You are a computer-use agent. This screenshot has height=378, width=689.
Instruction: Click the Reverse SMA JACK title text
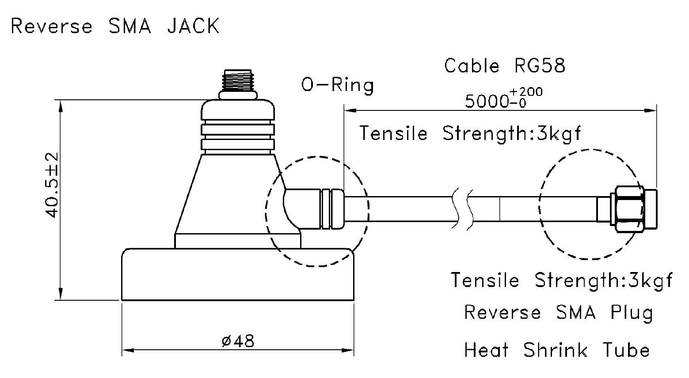pyautogui.click(x=115, y=26)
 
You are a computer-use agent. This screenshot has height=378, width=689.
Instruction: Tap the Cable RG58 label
pyautogui.click(x=505, y=66)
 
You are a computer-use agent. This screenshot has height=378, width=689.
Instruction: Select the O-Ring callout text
pyautogui.click(x=337, y=85)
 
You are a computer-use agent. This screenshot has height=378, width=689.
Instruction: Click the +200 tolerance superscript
pyautogui.click(x=526, y=91)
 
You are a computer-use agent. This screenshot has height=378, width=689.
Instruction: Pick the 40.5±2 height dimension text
pyautogui.click(x=51, y=185)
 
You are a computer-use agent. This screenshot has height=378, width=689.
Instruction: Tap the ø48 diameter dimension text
pyautogui.click(x=238, y=341)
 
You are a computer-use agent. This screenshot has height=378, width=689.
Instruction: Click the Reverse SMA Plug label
pyautogui.click(x=558, y=313)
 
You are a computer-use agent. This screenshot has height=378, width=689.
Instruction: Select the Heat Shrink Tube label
pyautogui.click(x=557, y=350)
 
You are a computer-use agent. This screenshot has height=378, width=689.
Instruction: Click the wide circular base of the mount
pyautogui.click(x=238, y=274)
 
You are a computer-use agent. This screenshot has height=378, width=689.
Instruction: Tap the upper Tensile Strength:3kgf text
pyautogui.click(x=470, y=134)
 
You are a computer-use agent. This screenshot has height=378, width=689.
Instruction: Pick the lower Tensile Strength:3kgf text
pyautogui.click(x=562, y=280)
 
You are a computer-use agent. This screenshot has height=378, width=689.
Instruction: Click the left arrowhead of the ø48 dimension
pyautogui.click(x=129, y=350)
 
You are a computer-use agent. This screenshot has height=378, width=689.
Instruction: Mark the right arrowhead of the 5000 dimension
pyautogui.click(x=649, y=110)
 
